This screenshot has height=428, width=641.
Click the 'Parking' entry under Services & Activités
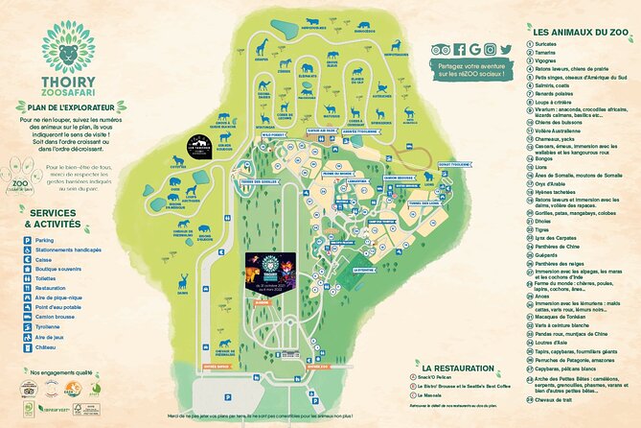coord(44,240)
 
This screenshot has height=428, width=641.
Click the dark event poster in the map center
coord(272,279)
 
